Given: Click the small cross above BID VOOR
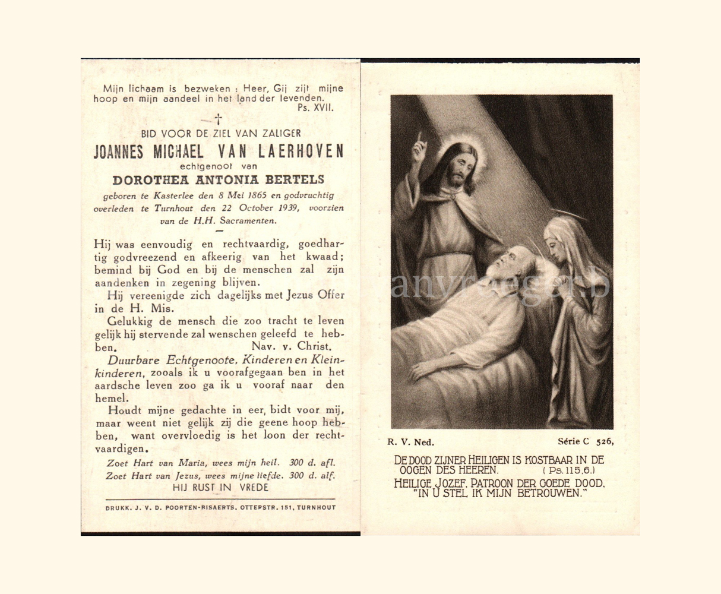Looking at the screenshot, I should click(x=218, y=120).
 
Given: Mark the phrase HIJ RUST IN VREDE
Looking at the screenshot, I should click(x=220, y=487).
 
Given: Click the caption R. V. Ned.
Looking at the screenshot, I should click(x=410, y=442).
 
